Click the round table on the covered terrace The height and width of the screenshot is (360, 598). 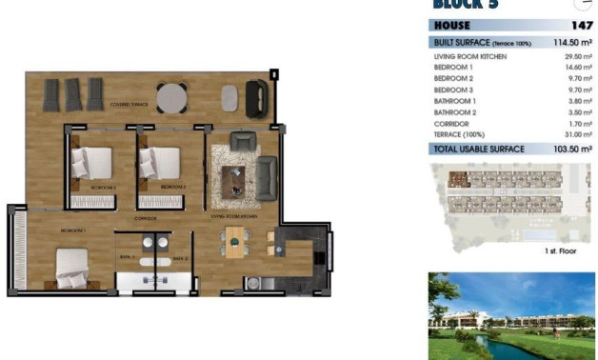[x=172, y=97]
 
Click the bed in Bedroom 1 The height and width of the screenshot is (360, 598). [x=72, y=266]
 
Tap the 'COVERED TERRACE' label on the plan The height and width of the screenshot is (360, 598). [x=130, y=103]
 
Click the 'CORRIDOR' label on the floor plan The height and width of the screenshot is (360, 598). [x=145, y=218]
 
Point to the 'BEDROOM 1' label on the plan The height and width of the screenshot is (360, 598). [x=73, y=231]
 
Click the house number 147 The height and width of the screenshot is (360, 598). [x=581, y=26]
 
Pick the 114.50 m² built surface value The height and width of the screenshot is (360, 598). [x=573, y=43]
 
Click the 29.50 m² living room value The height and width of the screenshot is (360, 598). [x=578, y=57]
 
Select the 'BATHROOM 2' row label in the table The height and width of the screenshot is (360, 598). [x=454, y=112]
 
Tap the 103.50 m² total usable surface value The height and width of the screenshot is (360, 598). [x=573, y=150]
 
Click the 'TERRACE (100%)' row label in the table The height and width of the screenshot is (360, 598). [x=460, y=135]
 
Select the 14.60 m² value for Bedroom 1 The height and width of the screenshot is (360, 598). [x=578, y=68]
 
